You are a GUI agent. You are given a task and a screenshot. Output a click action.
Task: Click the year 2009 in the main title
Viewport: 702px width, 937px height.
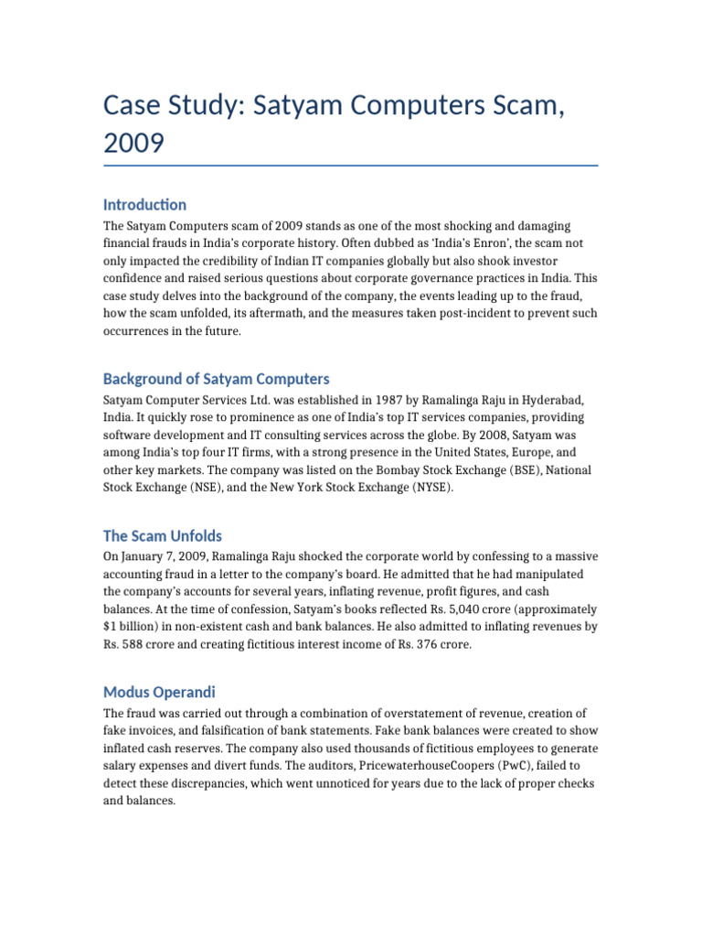click(x=135, y=143)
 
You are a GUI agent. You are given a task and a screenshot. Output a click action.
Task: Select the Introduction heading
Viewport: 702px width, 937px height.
click(x=144, y=204)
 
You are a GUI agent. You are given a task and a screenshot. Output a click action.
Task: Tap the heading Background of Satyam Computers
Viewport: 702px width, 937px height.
click(x=216, y=379)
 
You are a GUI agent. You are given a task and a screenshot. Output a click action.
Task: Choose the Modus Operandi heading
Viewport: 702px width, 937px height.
click(x=159, y=692)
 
